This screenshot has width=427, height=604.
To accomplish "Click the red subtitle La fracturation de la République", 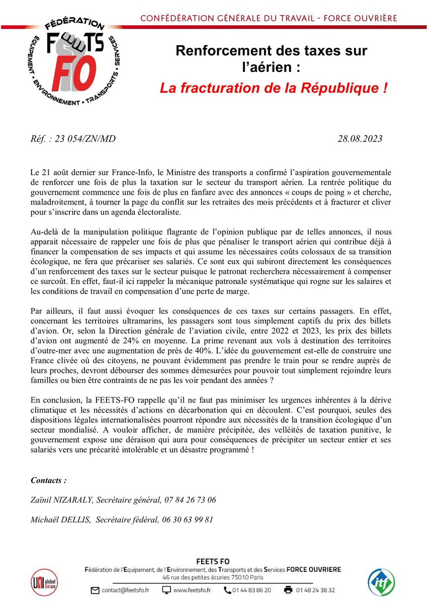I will (x=274, y=88).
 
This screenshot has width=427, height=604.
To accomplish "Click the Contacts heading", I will (x=49, y=480).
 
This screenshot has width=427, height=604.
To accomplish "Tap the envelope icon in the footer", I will (x=95, y=589).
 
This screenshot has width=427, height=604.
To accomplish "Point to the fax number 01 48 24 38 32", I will (x=316, y=589).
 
